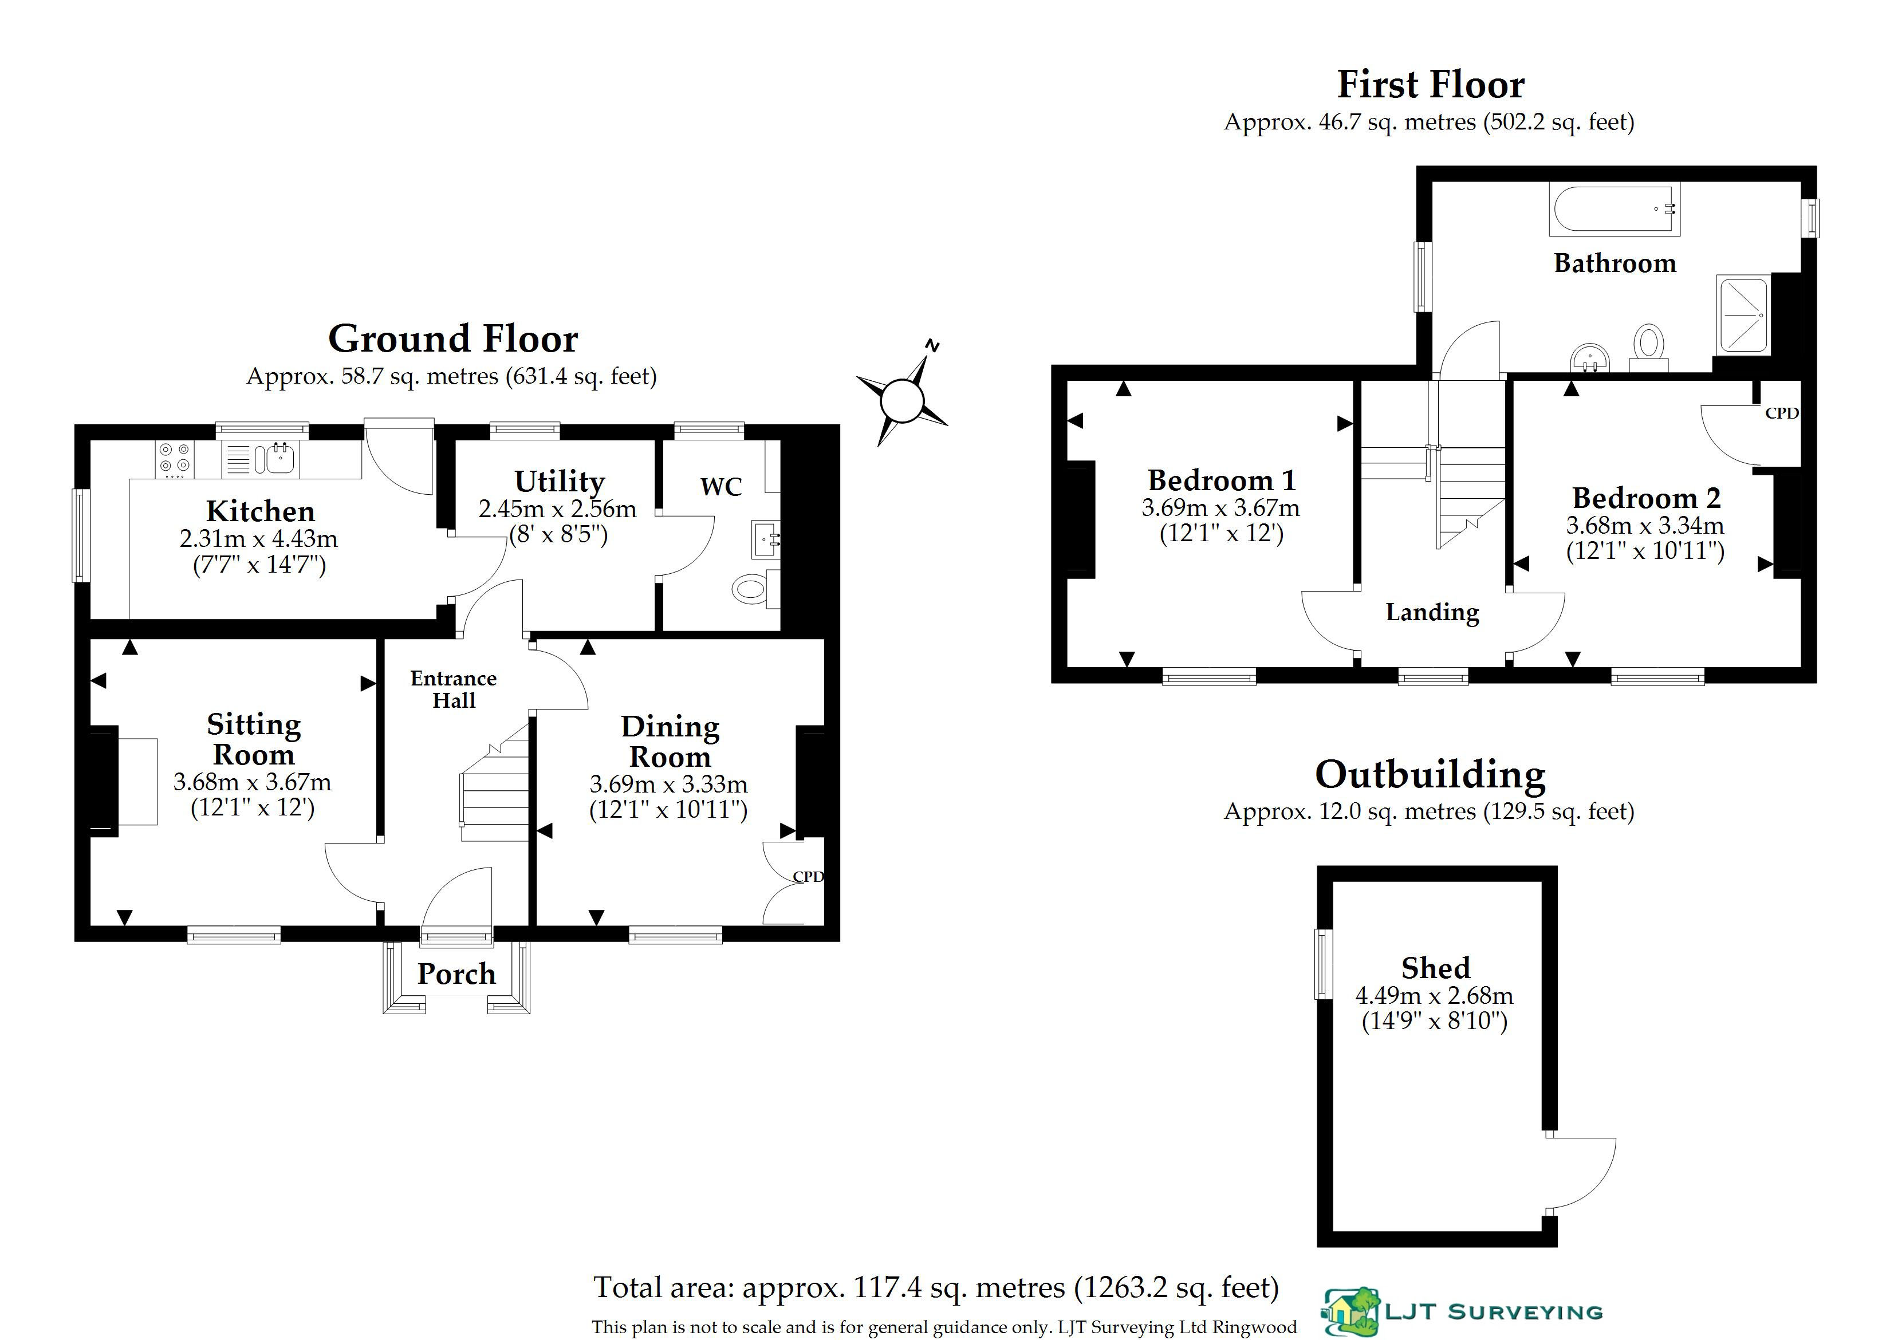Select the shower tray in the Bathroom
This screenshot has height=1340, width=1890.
(1743, 314)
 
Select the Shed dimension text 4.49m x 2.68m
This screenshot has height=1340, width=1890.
(1435, 995)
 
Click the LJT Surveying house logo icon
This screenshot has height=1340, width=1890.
(1352, 1312)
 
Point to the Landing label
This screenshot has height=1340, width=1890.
(1432, 612)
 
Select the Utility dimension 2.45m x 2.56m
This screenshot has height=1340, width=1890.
(558, 509)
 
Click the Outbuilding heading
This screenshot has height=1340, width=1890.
(1430, 775)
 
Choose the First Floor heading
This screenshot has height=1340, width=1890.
(1430, 84)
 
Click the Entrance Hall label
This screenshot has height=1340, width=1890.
(454, 689)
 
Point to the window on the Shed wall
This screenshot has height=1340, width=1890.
(1324, 964)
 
